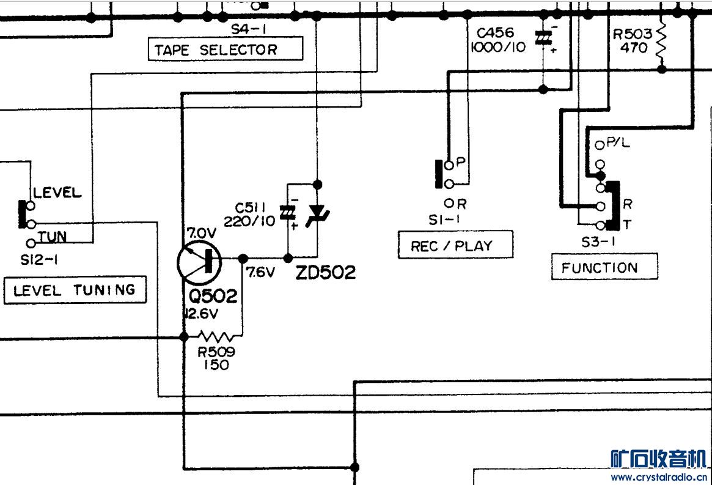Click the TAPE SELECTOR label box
pyautogui.click(x=226, y=50)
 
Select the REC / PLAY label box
pyautogui.click(x=455, y=245)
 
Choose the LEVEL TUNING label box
pyautogui.click(x=75, y=291)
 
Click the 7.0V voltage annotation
pyautogui.click(x=201, y=233)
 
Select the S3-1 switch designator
pyautogui.click(x=598, y=242)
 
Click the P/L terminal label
pyautogui.click(x=618, y=143)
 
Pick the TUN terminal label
pyautogui.click(x=53, y=237)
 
